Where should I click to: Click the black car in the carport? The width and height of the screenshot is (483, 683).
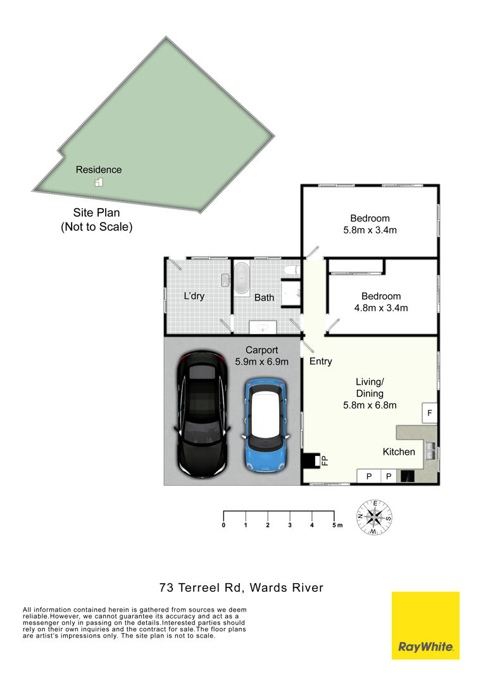202,414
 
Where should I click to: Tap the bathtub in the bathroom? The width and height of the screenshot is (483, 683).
241,278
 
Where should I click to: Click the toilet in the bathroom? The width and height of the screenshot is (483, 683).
291,271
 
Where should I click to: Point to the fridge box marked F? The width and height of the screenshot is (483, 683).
429,413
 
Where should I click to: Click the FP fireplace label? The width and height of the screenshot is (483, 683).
324,461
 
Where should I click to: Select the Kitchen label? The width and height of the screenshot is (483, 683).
399,452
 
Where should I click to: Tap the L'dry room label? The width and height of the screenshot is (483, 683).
194,296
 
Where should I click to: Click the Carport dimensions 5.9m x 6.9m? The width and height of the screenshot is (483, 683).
261,362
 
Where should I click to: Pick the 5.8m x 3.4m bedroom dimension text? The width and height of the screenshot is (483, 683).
370,230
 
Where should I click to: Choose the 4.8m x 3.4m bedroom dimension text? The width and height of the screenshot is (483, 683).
381,308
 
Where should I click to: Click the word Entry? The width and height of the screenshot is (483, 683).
321,362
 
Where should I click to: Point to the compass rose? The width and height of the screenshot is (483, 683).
374,517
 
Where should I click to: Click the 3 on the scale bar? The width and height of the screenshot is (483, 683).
290,526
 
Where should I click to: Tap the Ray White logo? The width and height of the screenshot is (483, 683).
425,625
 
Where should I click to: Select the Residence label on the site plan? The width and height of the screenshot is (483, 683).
99,170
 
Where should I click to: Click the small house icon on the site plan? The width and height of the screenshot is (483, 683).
99,183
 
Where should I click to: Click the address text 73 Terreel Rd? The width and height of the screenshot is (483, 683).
201,588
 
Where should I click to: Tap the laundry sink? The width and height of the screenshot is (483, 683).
225,280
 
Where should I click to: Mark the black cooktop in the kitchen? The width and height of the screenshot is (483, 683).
407,476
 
